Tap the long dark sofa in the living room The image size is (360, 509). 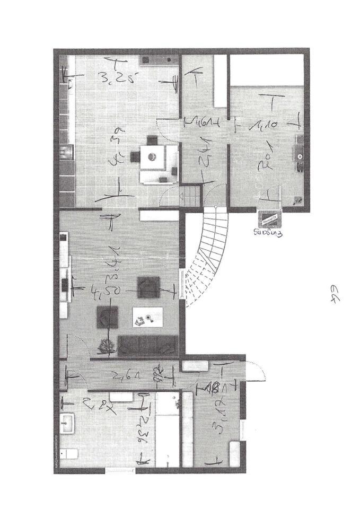(147, 345)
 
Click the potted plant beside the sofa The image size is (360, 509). (107, 346)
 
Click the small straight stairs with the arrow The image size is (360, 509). (190, 195)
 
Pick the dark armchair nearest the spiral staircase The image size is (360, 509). (146, 287)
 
